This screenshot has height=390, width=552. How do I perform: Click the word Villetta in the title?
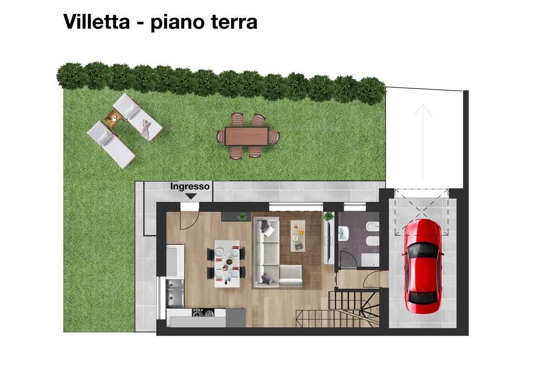coord(96,22)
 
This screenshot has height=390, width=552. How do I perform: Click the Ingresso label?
coord(190,186)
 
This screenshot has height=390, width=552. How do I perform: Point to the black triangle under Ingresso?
coord(191,196)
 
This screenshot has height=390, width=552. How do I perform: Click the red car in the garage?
coord(423,266)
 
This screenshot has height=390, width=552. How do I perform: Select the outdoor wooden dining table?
coord(247,136)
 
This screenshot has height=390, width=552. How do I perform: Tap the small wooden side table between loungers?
coord(114,118)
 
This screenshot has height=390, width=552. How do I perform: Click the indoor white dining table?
coord(227,264)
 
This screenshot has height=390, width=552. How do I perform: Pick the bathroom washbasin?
coord(343,234)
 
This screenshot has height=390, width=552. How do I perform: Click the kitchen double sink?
coord(175,293)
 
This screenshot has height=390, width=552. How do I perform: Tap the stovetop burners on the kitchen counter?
coord(203,313)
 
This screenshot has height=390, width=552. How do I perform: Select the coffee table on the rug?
coord(298,236)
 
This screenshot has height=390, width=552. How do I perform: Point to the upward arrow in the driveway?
coord(423,142)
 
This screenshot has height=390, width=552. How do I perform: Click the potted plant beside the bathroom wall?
coord(328,216)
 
